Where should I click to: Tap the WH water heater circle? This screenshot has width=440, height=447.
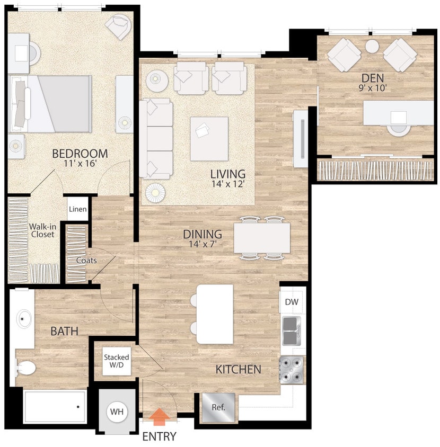click(118, 412)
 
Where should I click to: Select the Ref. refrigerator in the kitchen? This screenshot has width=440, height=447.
click(218, 408)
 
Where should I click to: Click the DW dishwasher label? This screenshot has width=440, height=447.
click(292, 302)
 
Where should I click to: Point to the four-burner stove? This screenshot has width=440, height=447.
click(292, 369)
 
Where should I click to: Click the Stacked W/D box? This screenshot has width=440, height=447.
click(117, 361)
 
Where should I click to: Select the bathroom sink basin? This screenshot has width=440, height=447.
click(24, 319)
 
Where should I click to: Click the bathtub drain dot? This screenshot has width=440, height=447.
click(78, 407)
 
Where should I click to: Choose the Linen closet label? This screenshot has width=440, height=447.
click(77, 209)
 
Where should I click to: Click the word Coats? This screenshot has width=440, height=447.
click(86, 260)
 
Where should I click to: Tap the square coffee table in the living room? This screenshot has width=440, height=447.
click(209, 138)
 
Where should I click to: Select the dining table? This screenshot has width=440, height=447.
click(262, 238)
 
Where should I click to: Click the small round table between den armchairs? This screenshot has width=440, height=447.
click(373, 47)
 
